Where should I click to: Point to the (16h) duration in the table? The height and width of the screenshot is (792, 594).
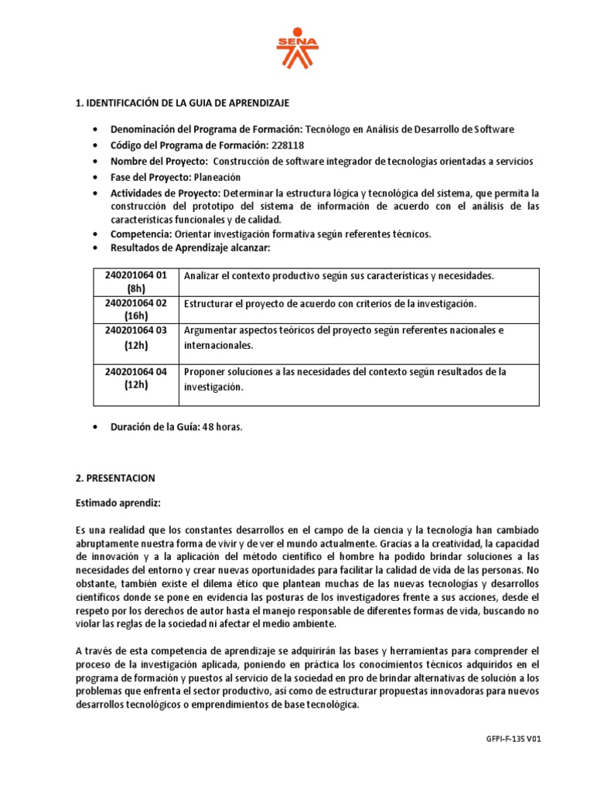tap(135, 316)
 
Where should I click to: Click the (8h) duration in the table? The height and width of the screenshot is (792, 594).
tap(135, 288)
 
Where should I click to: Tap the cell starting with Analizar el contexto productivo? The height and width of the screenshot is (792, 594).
tap(339, 276)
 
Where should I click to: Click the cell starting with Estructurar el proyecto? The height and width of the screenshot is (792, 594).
tap(330, 303)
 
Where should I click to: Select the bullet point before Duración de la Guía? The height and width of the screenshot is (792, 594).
tap(94, 427)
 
